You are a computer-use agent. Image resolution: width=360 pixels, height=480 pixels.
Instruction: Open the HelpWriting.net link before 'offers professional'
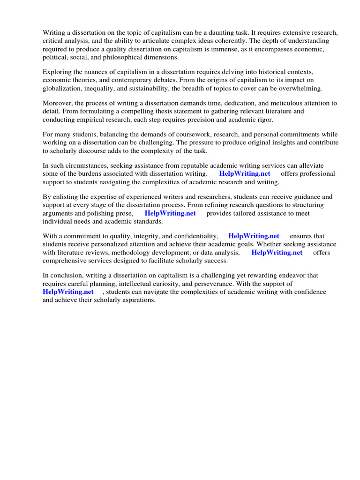pyautogui.click(x=245, y=174)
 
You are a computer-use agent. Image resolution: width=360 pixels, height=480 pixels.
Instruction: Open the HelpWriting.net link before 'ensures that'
pyautogui.click(x=254, y=236)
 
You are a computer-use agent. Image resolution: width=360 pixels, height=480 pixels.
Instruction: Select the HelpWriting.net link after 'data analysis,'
pyautogui.click(x=277, y=253)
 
